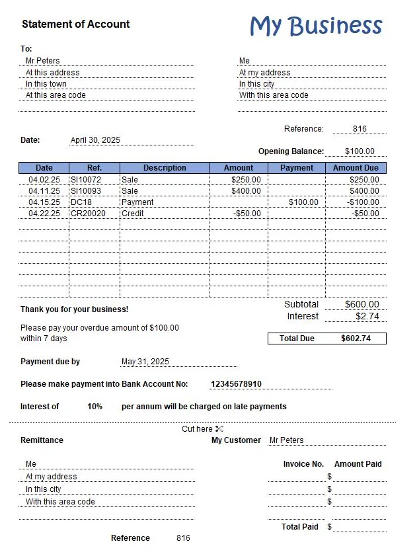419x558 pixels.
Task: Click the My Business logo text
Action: (x=316, y=26)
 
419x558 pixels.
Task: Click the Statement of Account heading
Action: (x=75, y=24)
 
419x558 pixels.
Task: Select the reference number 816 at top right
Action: (x=360, y=129)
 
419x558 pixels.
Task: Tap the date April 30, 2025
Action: (x=95, y=140)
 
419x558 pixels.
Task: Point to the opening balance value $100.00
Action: (x=360, y=151)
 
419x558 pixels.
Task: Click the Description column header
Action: (x=165, y=168)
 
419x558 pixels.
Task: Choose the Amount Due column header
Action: (x=356, y=168)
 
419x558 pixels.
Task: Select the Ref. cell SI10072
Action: (x=86, y=180)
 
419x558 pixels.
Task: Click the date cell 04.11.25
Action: (x=44, y=191)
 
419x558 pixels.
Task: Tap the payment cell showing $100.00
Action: (x=303, y=202)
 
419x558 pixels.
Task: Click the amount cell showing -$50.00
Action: (x=247, y=214)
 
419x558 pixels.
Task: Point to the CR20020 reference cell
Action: (x=88, y=214)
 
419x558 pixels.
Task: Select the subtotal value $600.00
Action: (x=362, y=305)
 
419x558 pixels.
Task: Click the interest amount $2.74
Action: (x=367, y=317)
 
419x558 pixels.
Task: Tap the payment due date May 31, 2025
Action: (x=145, y=362)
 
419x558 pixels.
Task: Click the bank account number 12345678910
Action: (x=236, y=384)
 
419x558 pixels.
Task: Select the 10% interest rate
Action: (x=95, y=407)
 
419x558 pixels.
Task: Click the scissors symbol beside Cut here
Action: (x=219, y=429)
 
